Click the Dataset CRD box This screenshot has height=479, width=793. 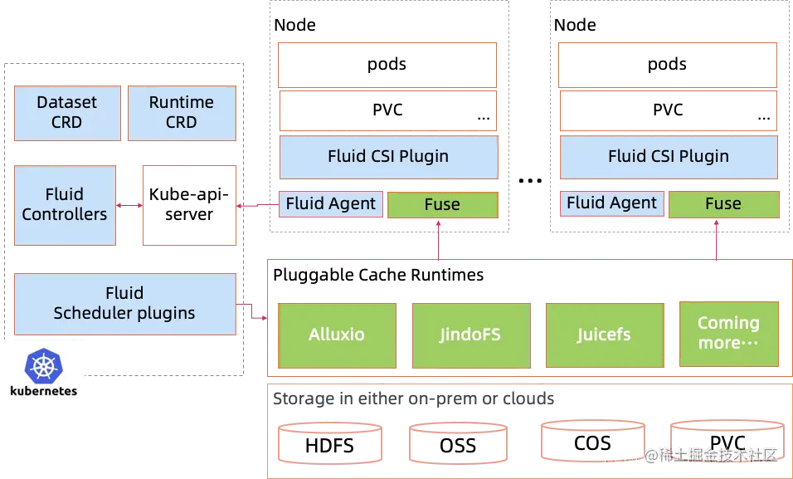tap(67, 113)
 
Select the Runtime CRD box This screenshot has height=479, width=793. tap(182, 113)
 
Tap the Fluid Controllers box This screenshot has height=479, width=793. tap(65, 205)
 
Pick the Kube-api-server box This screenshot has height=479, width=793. tap(190, 205)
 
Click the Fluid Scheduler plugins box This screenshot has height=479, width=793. tap(125, 304)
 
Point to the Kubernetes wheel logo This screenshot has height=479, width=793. tap(44, 366)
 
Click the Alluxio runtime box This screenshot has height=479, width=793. tap(338, 335)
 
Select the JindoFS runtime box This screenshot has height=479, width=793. tap(471, 335)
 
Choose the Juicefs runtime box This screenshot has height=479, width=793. tap(605, 335)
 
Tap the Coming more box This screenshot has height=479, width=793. tap(729, 334)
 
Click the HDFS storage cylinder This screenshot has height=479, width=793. tap(330, 443)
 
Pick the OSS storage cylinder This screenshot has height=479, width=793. tap(458, 443)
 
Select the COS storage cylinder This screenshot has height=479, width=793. tap(593, 441)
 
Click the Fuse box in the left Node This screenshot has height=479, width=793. tap(443, 204)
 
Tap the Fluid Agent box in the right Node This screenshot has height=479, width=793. tap(612, 203)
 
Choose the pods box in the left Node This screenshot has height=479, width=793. tap(387, 65)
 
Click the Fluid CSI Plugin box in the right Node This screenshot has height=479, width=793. tap(669, 157)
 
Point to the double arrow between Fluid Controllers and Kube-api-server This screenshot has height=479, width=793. tap(129, 206)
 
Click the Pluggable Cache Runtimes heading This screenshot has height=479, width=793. tap(378, 275)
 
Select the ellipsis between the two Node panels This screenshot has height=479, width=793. tap(530, 180)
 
